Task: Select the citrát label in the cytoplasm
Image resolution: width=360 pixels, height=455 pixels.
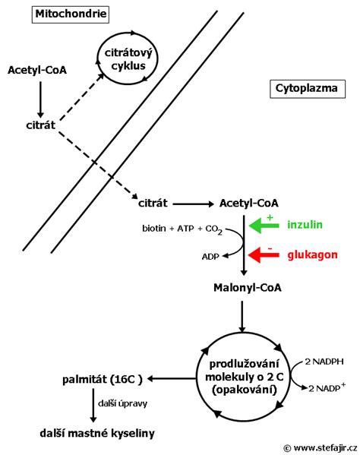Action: tap(153, 203)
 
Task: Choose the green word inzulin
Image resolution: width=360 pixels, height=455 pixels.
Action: tap(306, 226)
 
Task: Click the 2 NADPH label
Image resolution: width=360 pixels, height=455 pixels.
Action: tap(325, 362)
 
